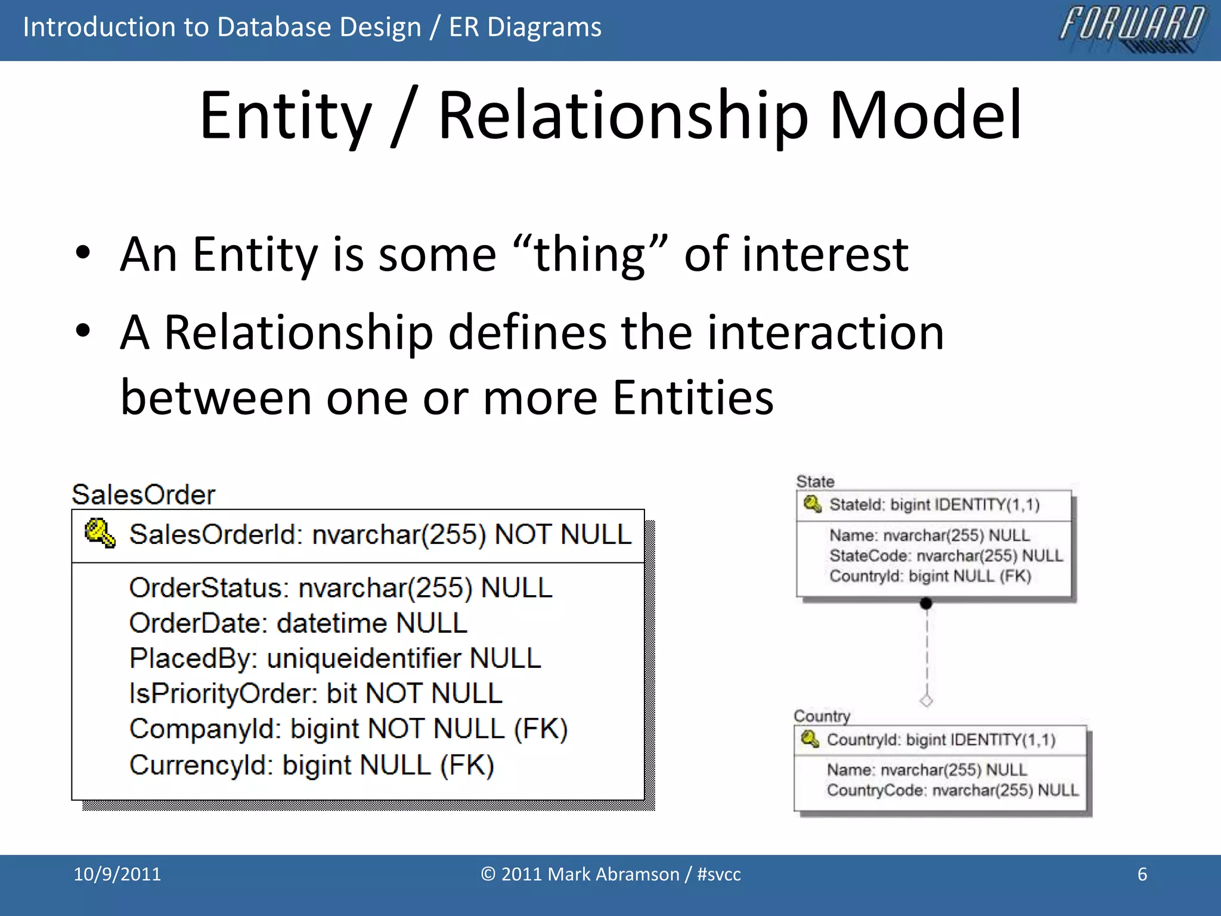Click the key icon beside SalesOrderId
click(x=100, y=533)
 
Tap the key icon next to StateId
click(x=812, y=504)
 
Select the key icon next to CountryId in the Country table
click(x=810, y=739)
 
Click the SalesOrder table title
click(x=143, y=494)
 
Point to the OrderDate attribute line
click(x=298, y=623)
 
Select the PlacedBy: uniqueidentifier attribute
click(x=335, y=658)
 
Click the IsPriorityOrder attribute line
click(x=316, y=694)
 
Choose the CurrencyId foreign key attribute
click(x=312, y=765)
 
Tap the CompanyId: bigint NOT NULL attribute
click(x=348, y=729)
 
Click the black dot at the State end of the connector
click(x=926, y=604)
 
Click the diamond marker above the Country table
click(x=926, y=700)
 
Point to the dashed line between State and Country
click(x=926, y=653)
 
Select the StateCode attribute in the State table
click(x=946, y=556)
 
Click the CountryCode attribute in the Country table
click(x=952, y=790)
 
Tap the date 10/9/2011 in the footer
click(x=117, y=874)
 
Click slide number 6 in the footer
click(x=1142, y=874)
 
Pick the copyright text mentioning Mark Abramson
click(x=610, y=874)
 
